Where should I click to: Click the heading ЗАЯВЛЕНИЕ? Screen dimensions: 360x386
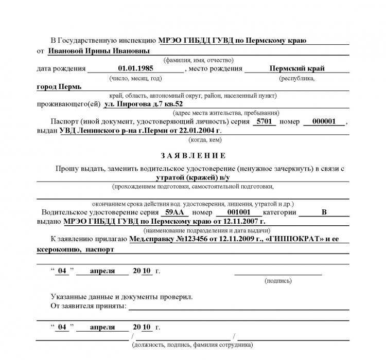pos(193,155)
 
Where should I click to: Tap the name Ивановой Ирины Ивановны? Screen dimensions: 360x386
pos(99,51)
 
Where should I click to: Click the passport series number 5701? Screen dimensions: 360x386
pos(266,122)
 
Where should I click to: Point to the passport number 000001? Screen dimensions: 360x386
pos(324,122)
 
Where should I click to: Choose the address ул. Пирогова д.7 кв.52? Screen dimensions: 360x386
pos(143,104)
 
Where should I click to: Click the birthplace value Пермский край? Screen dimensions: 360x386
pos(297,68)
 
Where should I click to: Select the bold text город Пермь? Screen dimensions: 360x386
pos(59,86)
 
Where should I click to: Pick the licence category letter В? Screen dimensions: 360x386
pos(324,212)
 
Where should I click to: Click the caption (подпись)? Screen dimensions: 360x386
pos(278,281)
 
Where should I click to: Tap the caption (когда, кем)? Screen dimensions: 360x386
pos(205,139)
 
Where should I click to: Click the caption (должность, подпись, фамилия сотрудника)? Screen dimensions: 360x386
pos(192,345)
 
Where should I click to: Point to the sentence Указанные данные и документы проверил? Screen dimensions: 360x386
pos(121,297)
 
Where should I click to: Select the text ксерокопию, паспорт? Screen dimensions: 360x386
pos(75,249)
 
